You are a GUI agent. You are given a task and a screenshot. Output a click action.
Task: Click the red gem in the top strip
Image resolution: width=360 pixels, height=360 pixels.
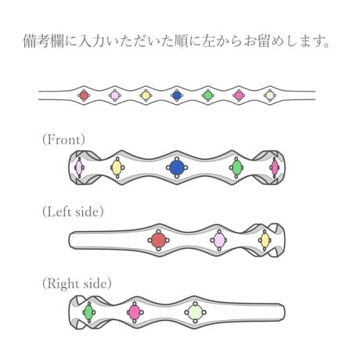(84, 95)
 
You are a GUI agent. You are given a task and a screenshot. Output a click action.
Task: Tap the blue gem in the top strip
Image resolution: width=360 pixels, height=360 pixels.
(177, 95)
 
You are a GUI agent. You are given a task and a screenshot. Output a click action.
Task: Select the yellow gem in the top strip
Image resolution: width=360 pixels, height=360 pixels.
(146, 95)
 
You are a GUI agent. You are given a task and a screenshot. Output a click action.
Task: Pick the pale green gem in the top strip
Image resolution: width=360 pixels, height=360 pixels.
(270, 95)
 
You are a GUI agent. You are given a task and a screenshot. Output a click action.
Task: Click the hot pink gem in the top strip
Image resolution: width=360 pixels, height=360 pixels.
(239, 95)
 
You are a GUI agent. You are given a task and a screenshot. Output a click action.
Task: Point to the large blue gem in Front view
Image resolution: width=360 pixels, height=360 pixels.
(177, 167)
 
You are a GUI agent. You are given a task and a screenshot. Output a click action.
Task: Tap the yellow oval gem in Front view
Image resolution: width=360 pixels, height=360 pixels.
(117, 167)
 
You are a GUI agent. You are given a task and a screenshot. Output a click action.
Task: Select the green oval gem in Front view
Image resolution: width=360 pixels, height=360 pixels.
(237, 167)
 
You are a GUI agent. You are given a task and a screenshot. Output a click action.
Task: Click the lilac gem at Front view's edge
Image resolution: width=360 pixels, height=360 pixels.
(79, 167)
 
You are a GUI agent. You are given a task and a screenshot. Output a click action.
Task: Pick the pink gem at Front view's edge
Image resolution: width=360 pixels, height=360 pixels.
(275, 167)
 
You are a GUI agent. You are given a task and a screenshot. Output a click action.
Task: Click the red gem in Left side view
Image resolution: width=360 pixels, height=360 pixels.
(159, 240)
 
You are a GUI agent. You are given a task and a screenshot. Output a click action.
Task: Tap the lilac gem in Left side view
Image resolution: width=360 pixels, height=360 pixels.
(219, 240)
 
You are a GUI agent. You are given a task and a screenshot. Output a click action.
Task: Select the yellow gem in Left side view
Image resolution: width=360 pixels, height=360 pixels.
(265, 240)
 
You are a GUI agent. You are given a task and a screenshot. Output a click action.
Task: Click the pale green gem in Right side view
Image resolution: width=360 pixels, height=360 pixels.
(195, 312)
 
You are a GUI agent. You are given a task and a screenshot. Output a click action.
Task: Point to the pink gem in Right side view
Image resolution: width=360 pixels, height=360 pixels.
(135, 312)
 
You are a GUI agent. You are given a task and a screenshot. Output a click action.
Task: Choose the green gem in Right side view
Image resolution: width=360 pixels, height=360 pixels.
(88, 312)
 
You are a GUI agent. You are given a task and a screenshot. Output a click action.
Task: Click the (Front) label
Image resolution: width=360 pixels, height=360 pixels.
(63, 139)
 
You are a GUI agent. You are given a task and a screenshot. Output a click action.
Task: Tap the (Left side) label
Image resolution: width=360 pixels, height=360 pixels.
(73, 211)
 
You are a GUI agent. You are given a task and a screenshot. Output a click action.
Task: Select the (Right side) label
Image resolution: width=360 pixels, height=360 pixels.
(77, 284)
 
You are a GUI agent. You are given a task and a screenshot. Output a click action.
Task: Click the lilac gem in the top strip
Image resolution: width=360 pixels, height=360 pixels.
(115, 95)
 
